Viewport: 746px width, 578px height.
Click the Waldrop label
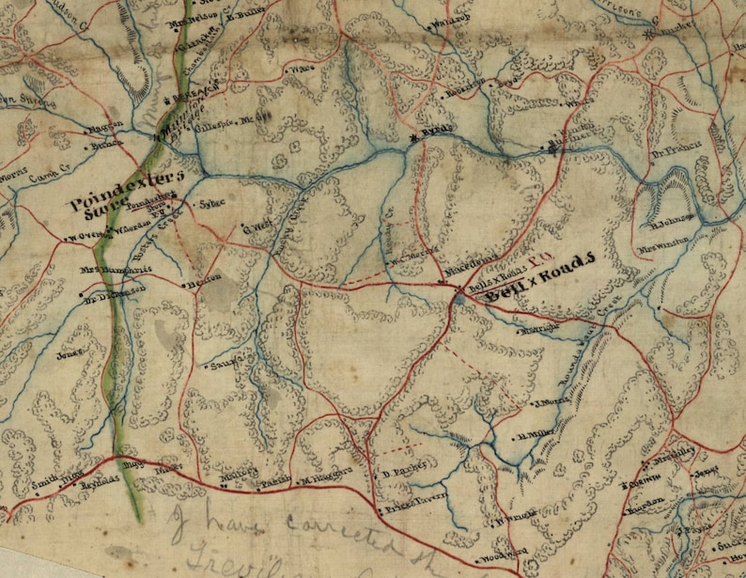point(447,24)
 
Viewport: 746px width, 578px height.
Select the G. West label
point(256,227)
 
